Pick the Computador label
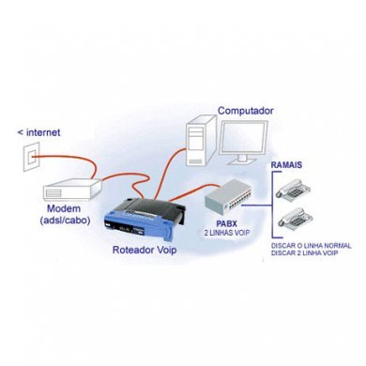point(246,111)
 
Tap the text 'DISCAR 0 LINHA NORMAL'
point(311,248)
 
